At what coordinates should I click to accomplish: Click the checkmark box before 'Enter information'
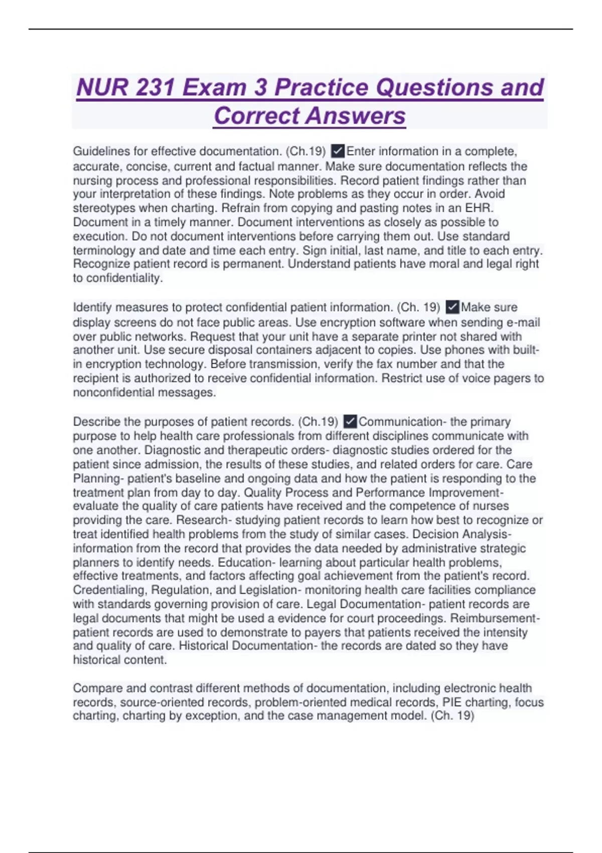tap(338, 151)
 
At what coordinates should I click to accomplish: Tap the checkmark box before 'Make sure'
tap(453, 307)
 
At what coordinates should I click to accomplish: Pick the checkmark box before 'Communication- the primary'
tap(350, 421)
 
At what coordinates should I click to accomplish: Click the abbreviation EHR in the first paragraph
tap(479, 208)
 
